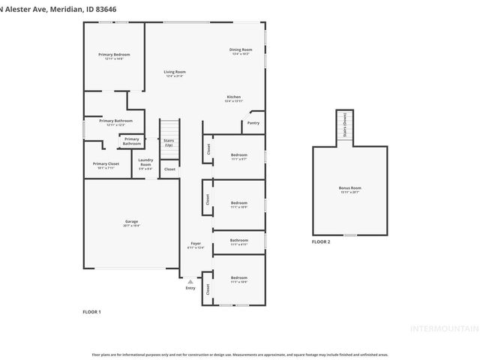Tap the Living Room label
point(174,72)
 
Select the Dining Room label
point(241,50)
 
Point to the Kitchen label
point(234,97)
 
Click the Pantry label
point(253,123)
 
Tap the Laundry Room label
point(145,165)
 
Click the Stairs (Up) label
point(169,142)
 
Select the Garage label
point(131,221)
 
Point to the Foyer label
point(194,244)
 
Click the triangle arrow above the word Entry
point(190,280)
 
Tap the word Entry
point(190,287)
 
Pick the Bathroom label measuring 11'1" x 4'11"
point(239,241)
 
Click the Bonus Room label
point(349,189)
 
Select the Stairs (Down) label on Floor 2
point(344,129)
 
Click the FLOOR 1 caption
point(91,311)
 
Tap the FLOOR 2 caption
point(321,241)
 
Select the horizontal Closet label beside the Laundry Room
point(169,169)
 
